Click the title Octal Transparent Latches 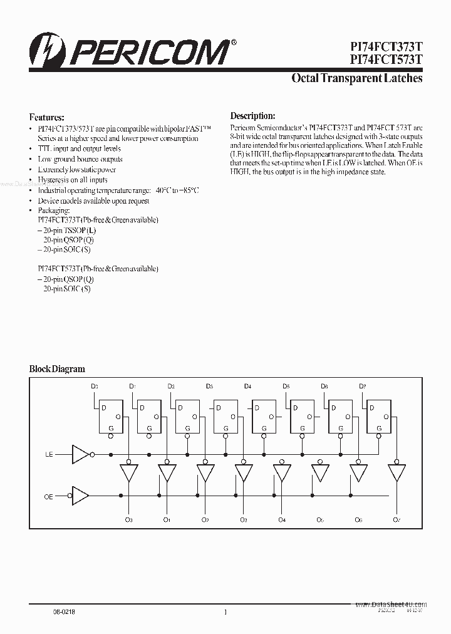coord(357,79)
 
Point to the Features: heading coord(47,117)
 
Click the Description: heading coord(252,116)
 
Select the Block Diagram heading coord(57,369)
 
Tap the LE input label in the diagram coord(49,454)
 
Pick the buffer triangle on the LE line coord(81,454)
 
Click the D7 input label coord(363,387)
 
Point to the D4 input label coord(248,387)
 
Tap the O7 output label coord(396,519)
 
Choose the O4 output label coord(282,519)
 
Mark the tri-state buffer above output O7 coord(396,472)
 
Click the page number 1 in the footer coord(225,612)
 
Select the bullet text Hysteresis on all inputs coord(73,180)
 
